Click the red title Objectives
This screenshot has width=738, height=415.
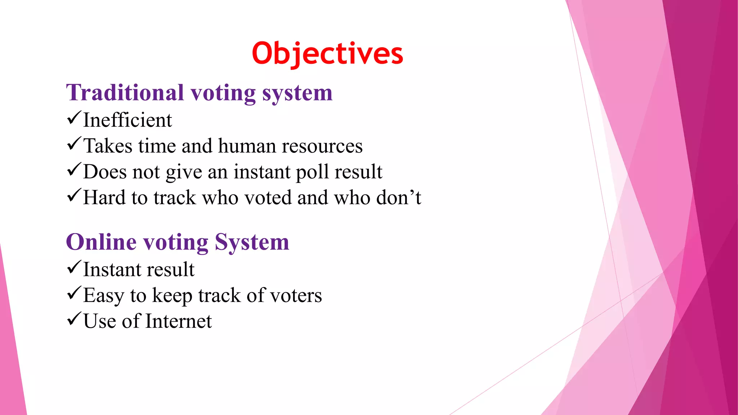(327, 53)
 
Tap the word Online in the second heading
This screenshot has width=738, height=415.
(101, 242)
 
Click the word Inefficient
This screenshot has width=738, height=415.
(128, 120)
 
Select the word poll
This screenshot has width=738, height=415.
(312, 172)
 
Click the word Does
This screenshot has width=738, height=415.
(105, 172)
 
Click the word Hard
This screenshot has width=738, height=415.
(104, 198)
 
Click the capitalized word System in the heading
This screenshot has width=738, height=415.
(252, 242)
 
